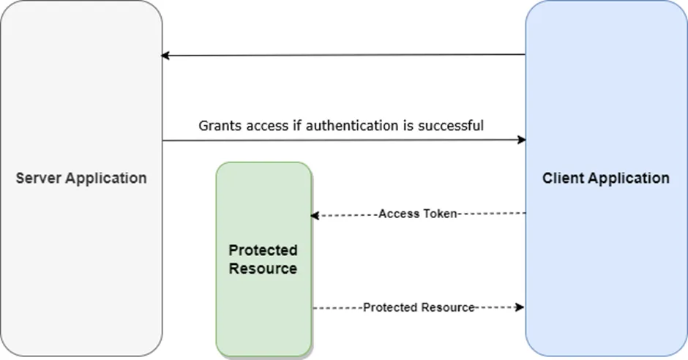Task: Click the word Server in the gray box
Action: coord(38,178)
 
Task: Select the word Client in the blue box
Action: coord(562,178)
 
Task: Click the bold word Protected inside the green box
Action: coord(263,250)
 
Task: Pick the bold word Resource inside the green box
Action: coord(263,269)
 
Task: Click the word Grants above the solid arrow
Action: coord(219,126)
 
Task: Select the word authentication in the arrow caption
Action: coord(353,126)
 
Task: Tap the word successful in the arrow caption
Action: coord(450,126)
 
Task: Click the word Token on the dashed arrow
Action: coord(440,214)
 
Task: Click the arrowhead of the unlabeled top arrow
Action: coord(165,56)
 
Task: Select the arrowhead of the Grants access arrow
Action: coord(522,140)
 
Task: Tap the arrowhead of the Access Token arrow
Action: coord(315,215)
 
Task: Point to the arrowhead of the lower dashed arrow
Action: coord(521,308)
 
